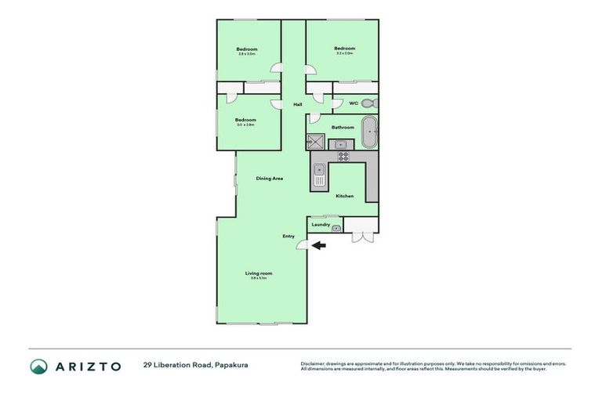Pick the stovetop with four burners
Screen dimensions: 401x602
[343, 156]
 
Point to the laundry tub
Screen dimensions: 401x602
[336, 228]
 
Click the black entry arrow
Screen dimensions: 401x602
[318, 246]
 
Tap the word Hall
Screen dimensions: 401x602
[297, 104]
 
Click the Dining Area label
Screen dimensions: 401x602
[269, 179]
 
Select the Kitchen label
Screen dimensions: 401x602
[344, 196]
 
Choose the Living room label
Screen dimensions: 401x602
[258, 273]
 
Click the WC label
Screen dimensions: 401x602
[353, 103]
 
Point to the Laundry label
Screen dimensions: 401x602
[321, 225]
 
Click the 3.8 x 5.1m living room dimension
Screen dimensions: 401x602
[258, 278]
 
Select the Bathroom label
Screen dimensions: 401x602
[343, 127]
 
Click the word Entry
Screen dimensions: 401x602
[288, 236]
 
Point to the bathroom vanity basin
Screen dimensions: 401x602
[342, 144]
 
